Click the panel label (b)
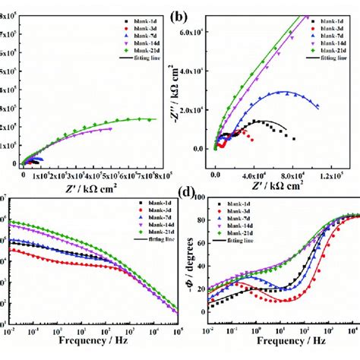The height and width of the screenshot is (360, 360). coord(200,15)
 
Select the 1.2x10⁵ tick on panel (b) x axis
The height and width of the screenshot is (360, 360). coord(335,175)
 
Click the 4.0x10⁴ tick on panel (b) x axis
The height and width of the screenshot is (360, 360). coord(254,175)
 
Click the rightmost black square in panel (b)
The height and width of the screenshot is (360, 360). coord(293,137)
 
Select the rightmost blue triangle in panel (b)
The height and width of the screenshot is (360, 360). coord(317,106)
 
